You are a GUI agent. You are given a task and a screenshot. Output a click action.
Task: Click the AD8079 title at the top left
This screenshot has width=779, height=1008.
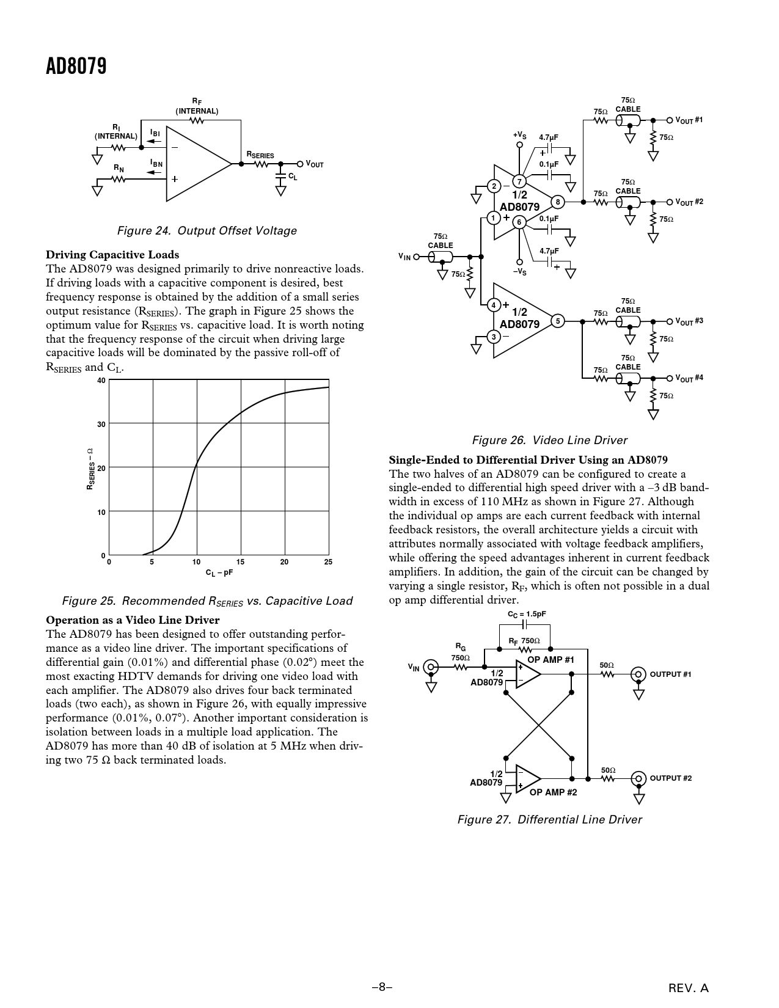[76, 67]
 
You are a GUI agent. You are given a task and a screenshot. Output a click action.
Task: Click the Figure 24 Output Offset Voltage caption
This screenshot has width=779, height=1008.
[207, 231]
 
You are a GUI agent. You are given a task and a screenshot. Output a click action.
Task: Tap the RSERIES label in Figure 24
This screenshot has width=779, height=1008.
[260, 155]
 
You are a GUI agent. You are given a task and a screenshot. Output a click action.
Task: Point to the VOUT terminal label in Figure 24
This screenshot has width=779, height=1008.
[315, 164]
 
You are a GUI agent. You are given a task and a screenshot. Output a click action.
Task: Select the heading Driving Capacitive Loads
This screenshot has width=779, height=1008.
[112, 255]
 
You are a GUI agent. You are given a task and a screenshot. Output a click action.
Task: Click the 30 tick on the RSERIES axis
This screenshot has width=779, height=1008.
[101, 424]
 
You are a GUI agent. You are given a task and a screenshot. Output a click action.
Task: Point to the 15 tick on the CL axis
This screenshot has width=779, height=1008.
[240, 562]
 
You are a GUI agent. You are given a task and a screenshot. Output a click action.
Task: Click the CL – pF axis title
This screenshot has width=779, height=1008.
[219, 573]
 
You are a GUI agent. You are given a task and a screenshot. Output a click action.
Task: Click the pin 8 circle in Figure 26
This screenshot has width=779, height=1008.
[557, 202]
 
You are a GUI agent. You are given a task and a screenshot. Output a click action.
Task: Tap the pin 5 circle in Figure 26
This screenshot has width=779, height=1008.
[557, 321]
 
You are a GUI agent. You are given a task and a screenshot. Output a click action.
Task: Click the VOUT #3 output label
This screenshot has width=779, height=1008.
[689, 321]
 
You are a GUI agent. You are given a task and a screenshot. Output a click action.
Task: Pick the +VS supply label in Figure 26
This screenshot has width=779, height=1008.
[519, 134]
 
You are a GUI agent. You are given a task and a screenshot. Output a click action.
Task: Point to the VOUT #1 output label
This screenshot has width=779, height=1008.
[689, 120]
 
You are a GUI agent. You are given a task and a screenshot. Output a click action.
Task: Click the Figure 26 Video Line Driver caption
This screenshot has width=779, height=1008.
[549, 440]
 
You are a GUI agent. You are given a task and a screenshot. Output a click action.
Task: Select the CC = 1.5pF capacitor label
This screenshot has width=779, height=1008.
[527, 615]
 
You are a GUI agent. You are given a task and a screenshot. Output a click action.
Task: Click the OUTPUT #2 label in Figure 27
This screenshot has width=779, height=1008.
[670, 778]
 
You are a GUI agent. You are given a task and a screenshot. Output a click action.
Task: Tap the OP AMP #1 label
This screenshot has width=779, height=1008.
[550, 660]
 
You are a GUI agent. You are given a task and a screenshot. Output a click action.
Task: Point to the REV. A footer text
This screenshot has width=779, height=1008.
[689, 988]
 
